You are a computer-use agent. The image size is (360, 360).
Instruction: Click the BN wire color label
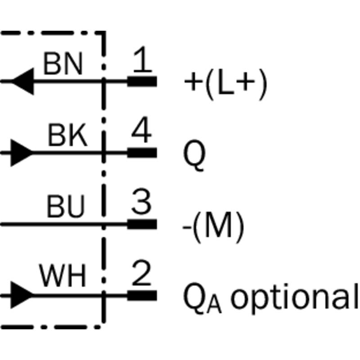tap(63, 63)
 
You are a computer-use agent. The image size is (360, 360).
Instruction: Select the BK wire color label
tap(67, 135)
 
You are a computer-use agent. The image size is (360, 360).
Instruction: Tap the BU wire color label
tap(66, 206)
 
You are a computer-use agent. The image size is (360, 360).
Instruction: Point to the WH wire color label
tap(63, 275)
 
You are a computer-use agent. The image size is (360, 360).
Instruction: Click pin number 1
tap(142, 59)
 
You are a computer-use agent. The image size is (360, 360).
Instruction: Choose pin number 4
tap(141, 130)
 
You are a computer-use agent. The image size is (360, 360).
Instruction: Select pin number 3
tap(141, 201)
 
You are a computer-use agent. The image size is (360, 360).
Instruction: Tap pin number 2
tap(142, 273)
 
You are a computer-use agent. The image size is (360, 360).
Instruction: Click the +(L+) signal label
tap(226, 84)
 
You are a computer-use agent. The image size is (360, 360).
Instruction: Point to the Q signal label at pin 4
tap(194, 155)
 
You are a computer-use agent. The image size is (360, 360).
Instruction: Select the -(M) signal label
tap(213, 227)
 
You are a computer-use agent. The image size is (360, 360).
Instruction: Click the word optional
tap(294, 299)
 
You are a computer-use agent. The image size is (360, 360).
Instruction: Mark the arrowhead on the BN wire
tap(23, 81)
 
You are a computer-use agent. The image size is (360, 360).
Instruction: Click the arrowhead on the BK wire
tap(22, 153)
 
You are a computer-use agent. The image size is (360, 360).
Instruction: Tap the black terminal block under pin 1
tap(142, 81)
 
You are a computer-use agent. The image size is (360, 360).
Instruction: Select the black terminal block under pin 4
tap(142, 153)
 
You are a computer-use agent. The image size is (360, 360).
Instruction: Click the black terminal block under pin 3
tap(142, 224)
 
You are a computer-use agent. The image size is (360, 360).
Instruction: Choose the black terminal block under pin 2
tap(142, 296)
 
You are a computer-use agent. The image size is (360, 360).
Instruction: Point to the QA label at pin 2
tap(202, 298)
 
